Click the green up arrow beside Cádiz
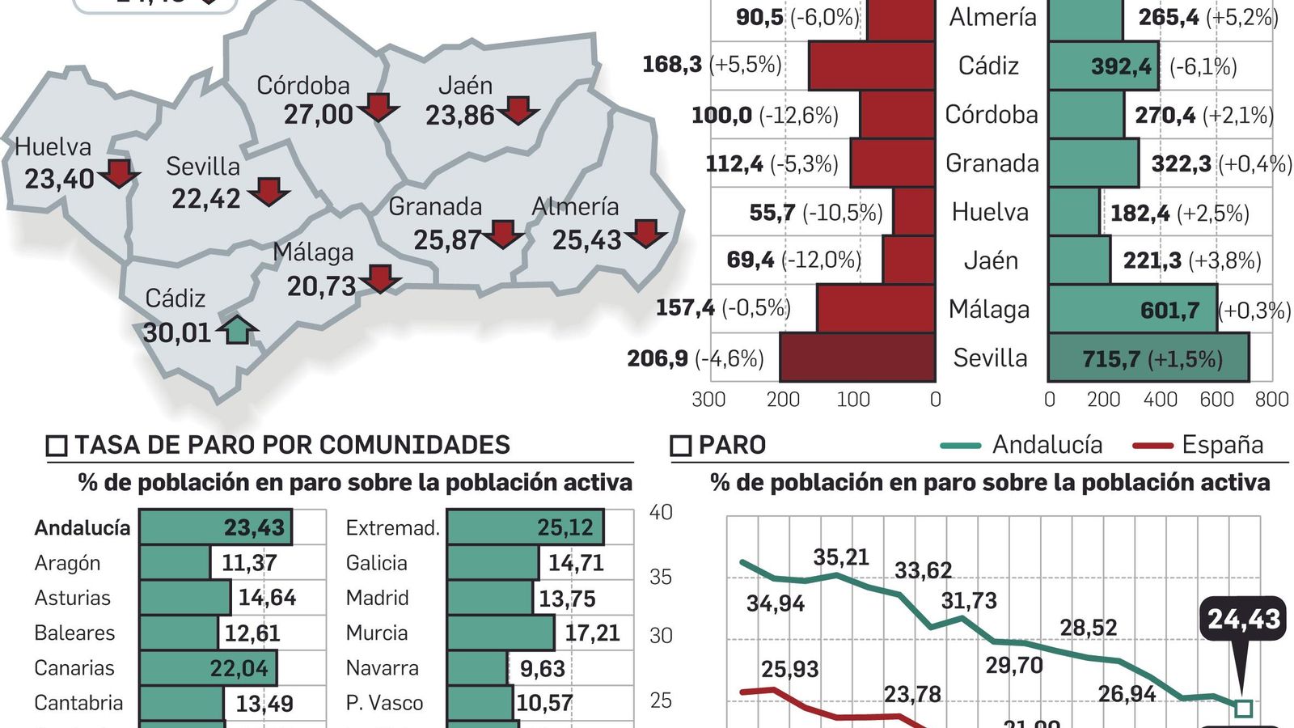click(x=237, y=329)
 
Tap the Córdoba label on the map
click(x=303, y=86)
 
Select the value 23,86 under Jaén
click(x=459, y=116)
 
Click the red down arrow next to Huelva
click(x=120, y=173)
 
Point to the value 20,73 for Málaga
click(x=321, y=286)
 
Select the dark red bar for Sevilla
click(x=857, y=358)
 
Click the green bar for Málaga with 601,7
click(x=1132, y=309)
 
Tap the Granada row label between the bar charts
click(x=992, y=163)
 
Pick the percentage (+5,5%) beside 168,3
click(x=746, y=65)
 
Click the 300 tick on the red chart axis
click(x=708, y=400)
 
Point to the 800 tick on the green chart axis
click(x=1271, y=400)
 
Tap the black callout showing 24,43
click(x=1244, y=620)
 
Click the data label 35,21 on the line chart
click(x=841, y=557)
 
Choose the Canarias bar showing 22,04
click(x=208, y=668)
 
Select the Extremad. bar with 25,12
click(x=525, y=527)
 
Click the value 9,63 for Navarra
click(x=542, y=669)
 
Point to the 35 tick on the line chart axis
click(x=661, y=577)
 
